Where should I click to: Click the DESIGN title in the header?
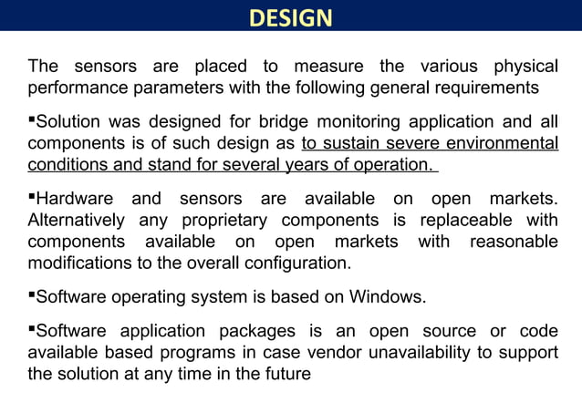click(290, 18)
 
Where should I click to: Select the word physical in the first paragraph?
click(525, 67)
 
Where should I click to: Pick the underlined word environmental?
click(503, 143)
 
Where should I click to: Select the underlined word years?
click(312, 164)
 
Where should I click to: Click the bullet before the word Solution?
click(32, 119)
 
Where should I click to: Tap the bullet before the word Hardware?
click(32, 197)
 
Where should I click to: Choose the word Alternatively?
click(78, 221)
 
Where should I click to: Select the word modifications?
click(82, 263)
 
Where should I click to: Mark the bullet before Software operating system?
click(32, 294)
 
